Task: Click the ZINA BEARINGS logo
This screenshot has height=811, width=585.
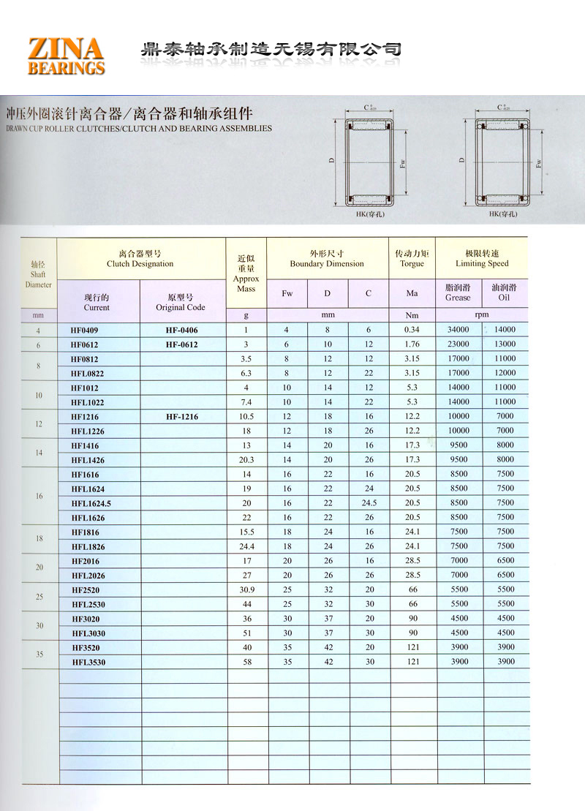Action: pyautogui.click(x=66, y=56)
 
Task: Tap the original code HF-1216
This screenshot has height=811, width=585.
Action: pyautogui.click(x=182, y=417)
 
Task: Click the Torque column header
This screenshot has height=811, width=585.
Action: pyautogui.click(x=412, y=258)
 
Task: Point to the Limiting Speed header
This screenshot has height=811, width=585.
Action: pyautogui.click(x=482, y=258)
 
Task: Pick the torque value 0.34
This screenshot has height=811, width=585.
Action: pyautogui.click(x=412, y=330)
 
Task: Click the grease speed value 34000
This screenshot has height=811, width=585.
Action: pyautogui.click(x=458, y=330)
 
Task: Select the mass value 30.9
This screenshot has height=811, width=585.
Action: pyautogui.click(x=246, y=589)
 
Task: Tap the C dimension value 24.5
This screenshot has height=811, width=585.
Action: pyautogui.click(x=369, y=503)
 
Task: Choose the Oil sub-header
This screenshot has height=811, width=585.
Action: pyautogui.click(x=505, y=293)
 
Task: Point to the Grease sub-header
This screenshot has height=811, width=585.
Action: pyautogui.click(x=458, y=293)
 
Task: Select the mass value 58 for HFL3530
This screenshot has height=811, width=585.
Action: pyautogui.click(x=246, y=662)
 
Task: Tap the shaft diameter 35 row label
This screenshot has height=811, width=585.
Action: pyautogui.click(x=39, y=655)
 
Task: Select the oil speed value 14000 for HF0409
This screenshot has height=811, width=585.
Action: pyautogui.click(x=505, y=330)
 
